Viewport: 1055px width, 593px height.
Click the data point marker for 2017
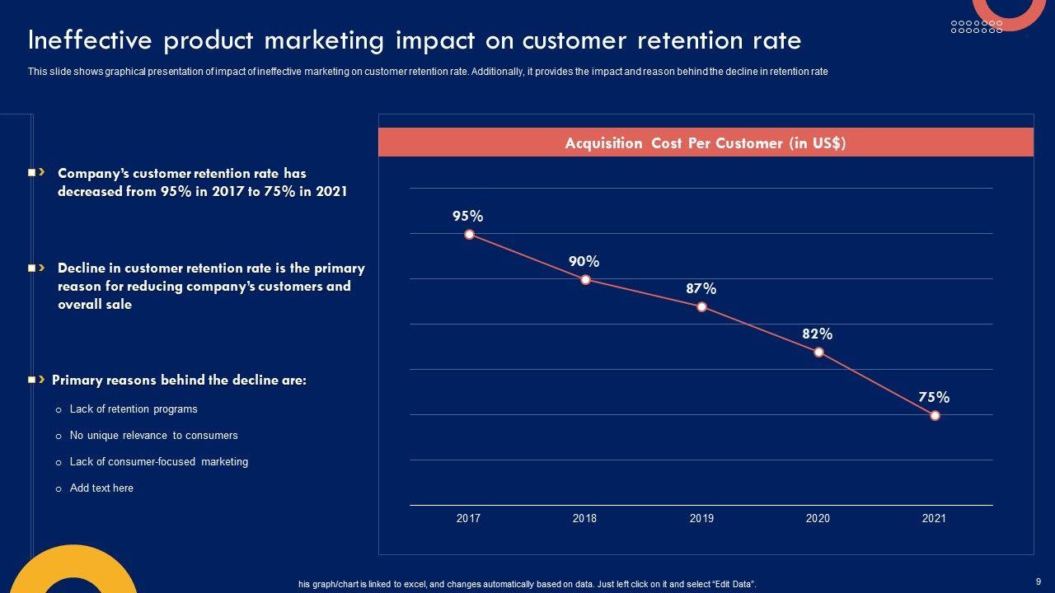click(469, 235)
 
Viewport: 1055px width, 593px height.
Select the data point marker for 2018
click(585, 280)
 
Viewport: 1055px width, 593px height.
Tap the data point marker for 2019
click(701, 307)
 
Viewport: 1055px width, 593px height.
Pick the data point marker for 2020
click(818, 353)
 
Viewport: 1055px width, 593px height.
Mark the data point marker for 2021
click(935, 416)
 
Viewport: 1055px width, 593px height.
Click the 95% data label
click(467, 217)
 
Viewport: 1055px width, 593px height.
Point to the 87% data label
click(701, 289)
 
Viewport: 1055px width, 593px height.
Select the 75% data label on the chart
click(934, 398)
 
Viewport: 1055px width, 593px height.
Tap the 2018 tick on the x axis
click(584, 519)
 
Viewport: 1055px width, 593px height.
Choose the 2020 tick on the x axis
click(818, 519)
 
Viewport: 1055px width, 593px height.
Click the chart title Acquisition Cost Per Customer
click(705, 143)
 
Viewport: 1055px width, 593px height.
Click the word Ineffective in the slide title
click(89, 41)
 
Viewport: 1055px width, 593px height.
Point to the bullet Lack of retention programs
click(134, 409)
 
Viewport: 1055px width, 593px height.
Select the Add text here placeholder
click(101, 488)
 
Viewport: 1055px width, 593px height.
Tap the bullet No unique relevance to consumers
click(153, 436)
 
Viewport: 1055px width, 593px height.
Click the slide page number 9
click(1038, 581)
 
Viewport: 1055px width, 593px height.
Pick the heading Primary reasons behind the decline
click(179, 381)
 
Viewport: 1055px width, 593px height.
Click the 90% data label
click(584, 262)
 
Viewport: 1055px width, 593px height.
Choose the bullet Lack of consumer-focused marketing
click(158, 462)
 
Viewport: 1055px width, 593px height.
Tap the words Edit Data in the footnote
click(732, 585)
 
